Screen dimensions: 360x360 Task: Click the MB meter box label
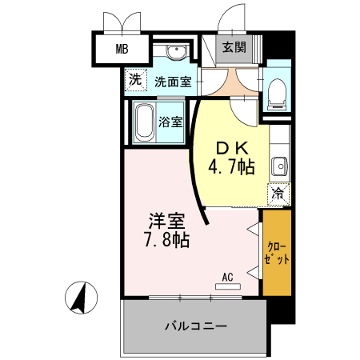[122, 50]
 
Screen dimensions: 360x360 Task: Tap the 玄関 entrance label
[234, 47]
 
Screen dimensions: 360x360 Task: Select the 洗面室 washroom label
[172, 81]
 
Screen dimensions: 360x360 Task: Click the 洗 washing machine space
[136, 80]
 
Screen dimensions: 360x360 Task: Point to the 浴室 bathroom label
[170, 122]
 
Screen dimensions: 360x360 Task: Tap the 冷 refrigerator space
[278, 193]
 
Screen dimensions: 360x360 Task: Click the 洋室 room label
[166, 219]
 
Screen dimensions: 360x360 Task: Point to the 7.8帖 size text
[166, 239]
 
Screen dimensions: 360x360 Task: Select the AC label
[227, 277]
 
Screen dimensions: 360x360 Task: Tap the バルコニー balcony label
[196, 326]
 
